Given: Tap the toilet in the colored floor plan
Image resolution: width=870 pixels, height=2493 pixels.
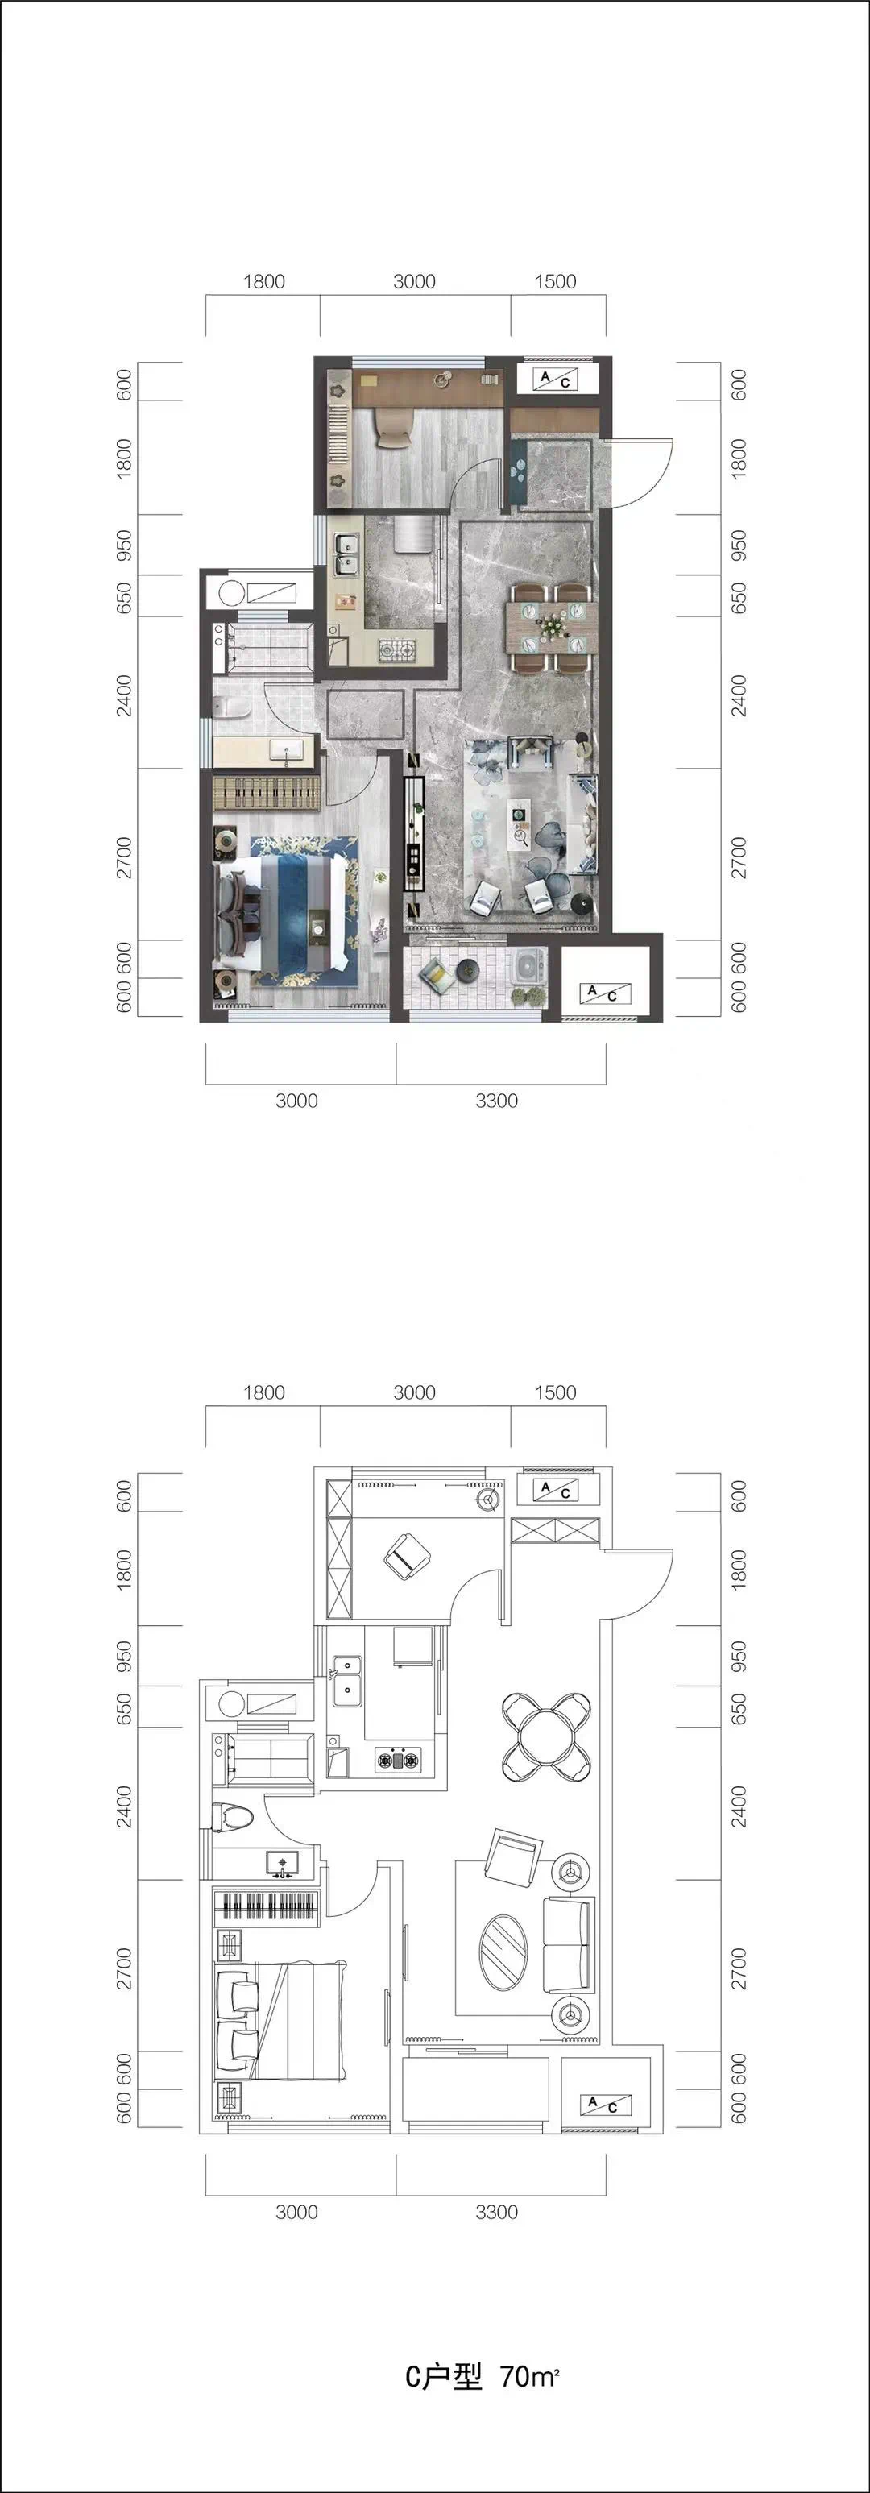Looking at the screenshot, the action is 232,708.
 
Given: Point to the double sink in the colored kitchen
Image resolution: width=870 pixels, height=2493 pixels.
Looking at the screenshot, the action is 345,558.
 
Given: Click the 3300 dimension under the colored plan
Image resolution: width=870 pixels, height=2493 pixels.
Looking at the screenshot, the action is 496,1101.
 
